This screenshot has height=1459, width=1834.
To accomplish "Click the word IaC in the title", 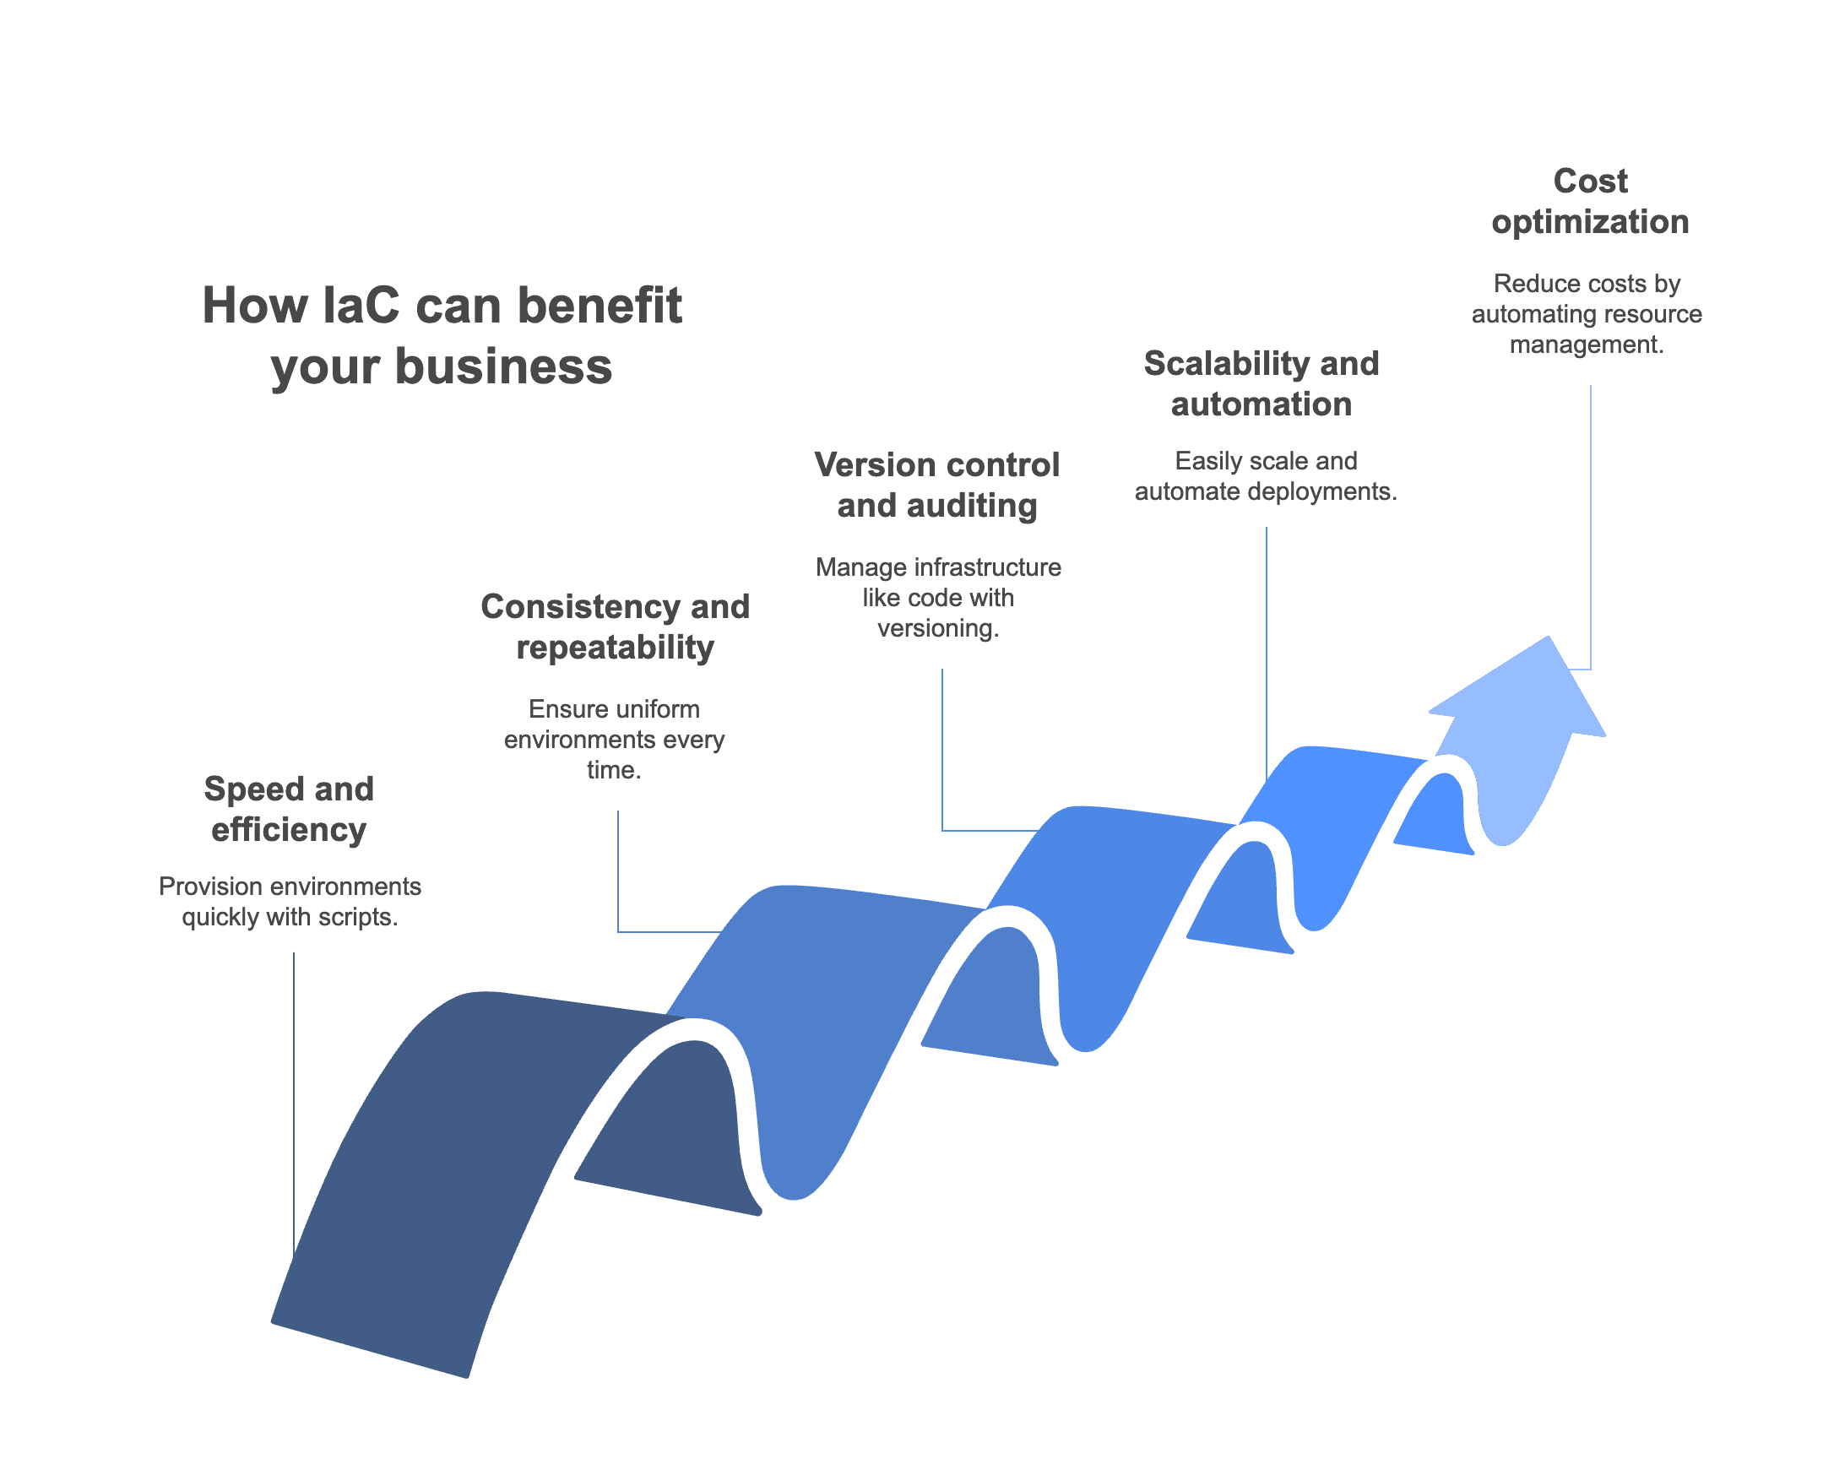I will tap(361, 306).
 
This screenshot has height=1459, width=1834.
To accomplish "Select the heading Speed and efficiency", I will tap(290, 809).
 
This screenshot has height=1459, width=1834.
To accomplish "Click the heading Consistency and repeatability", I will tap(614, 627).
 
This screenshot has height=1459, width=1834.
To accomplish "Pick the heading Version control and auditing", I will tap(936, 485).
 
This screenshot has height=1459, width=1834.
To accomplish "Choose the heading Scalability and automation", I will tap(1261, 383).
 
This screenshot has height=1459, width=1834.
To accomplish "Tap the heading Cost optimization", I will tap(1589, 202).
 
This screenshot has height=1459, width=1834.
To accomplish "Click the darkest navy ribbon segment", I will tap(442, 1148).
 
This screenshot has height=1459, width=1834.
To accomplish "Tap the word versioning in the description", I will tap(937, 629).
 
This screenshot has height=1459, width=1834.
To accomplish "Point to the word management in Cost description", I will tap(1586, 344).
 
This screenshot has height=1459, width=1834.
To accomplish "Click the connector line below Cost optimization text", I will tap(1590, 528).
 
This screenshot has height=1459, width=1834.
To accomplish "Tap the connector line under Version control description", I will tap(942, 749).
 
